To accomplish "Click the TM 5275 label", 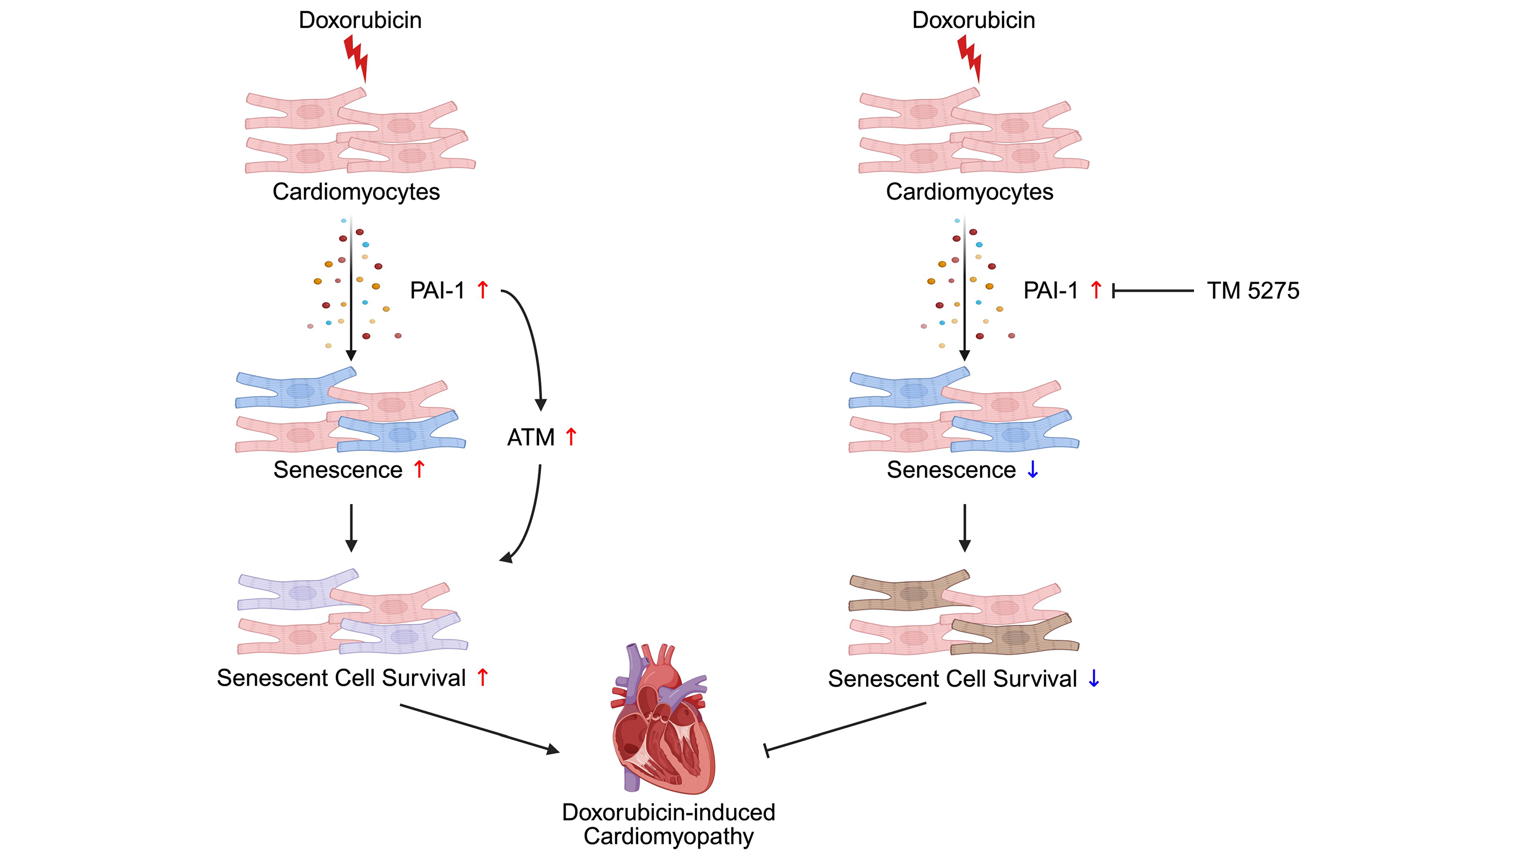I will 1252,291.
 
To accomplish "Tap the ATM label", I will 530,437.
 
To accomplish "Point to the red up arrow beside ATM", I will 571,436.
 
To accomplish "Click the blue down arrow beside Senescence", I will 1033,469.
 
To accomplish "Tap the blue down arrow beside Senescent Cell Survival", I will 1094,678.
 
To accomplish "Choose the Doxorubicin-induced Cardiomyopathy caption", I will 668,824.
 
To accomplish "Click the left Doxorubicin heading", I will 360,20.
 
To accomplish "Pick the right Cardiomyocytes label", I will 969,192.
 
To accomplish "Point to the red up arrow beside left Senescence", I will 419,469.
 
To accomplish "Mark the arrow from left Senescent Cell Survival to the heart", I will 480,728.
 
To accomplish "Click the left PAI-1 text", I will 437,291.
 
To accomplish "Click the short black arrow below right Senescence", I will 965,527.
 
